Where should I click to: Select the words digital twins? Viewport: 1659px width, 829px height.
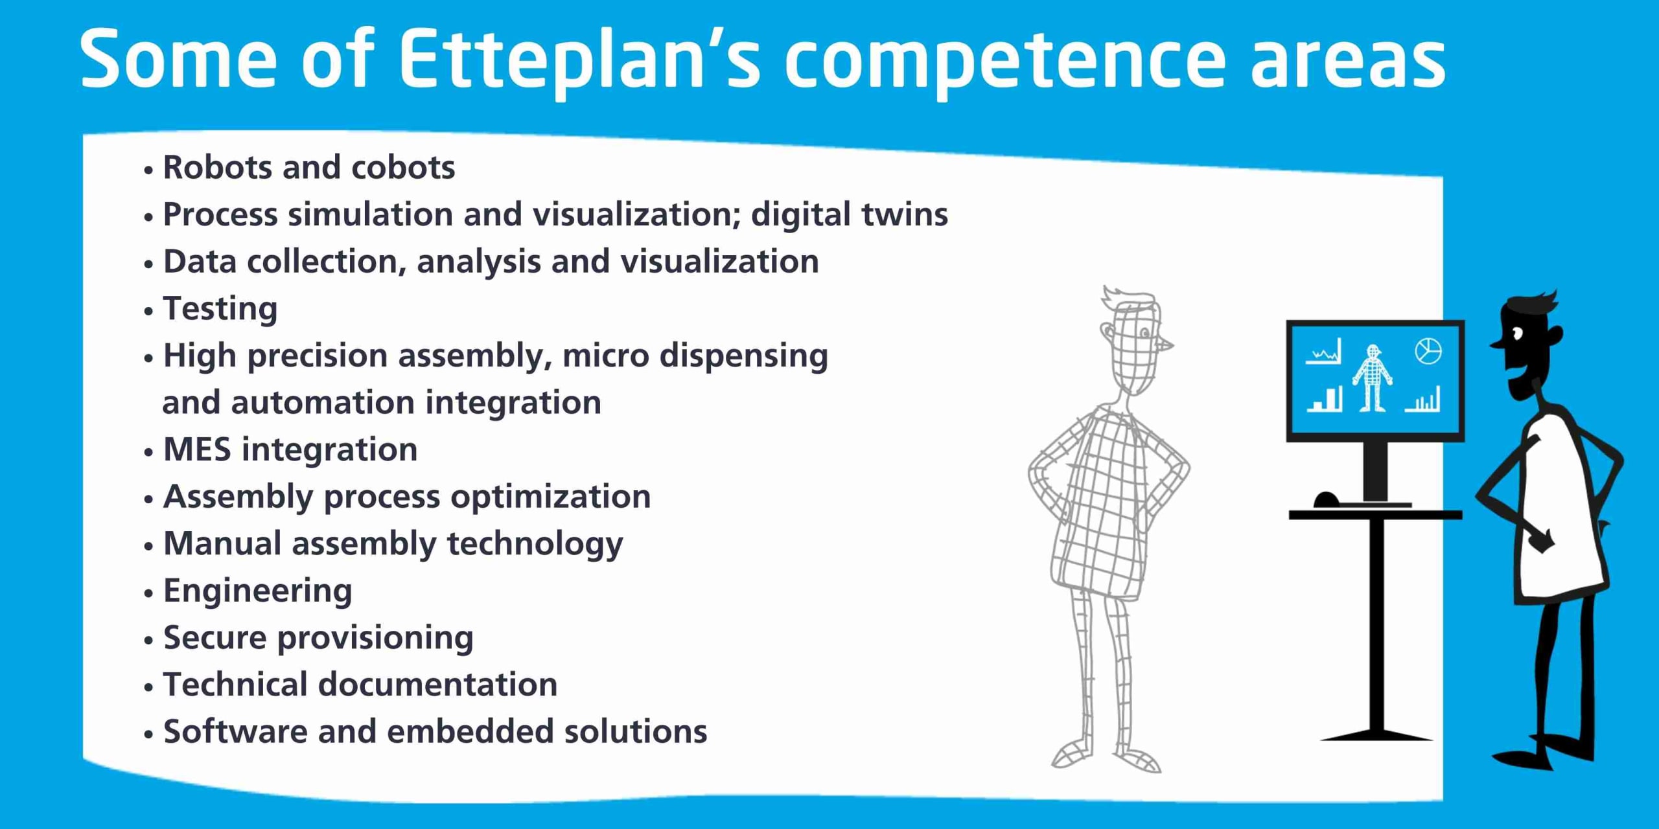(849, 215)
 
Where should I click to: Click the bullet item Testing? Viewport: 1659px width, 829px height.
(220, 309)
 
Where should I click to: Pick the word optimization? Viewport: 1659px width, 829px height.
(551, 497)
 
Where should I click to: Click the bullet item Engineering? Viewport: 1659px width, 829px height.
(257, 591)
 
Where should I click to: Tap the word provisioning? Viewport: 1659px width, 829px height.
(375, 638)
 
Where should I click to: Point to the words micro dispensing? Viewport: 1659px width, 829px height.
(695, 356)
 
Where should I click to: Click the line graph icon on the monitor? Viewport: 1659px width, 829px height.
(1323, 352)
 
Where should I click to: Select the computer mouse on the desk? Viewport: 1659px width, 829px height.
(1326, 499)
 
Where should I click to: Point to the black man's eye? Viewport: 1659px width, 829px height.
(1517, 334)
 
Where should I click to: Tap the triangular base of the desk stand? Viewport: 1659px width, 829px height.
(1376, 734)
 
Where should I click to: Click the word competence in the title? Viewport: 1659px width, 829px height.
(1004, 60)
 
